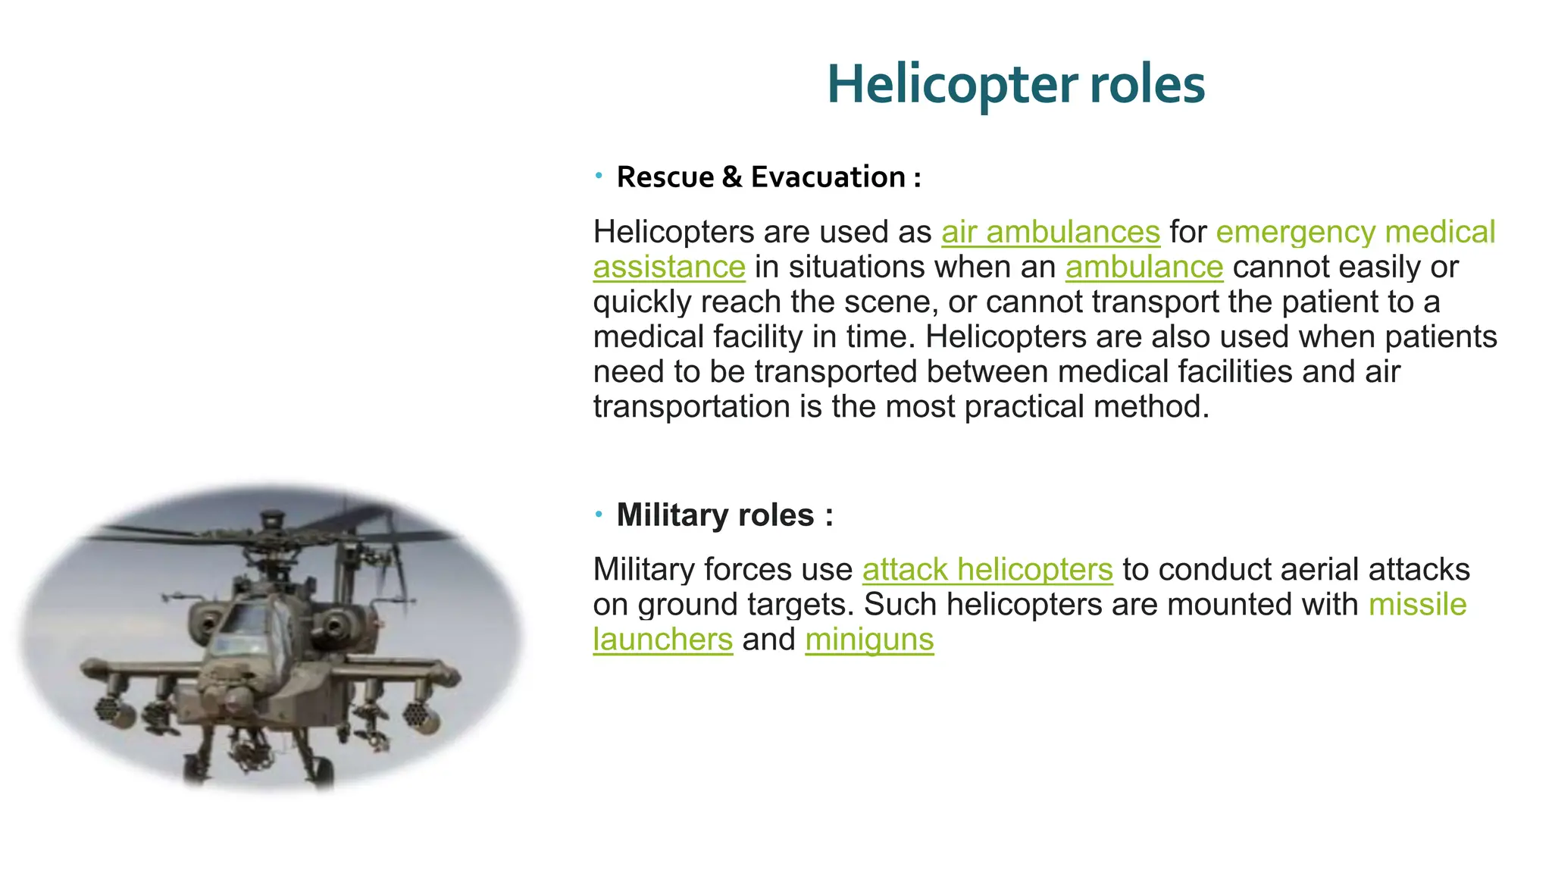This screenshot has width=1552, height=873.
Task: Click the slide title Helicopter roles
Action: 1015,84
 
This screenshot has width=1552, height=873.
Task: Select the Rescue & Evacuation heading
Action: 768,177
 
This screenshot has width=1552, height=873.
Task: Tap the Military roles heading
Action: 724,515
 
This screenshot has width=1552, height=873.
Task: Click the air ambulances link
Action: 1050,232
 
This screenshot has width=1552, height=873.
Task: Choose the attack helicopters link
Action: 987,570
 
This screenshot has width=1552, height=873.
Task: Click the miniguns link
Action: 869,640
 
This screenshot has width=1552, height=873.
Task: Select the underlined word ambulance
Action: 1144,267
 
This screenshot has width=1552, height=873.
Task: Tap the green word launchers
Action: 662,640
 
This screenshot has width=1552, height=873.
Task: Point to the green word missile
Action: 1417,605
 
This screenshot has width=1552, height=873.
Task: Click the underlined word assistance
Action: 669,267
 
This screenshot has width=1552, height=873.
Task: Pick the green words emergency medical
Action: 1355,232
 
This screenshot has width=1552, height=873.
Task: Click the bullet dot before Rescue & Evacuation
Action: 599,177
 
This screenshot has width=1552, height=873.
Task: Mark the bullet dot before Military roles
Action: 599,515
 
